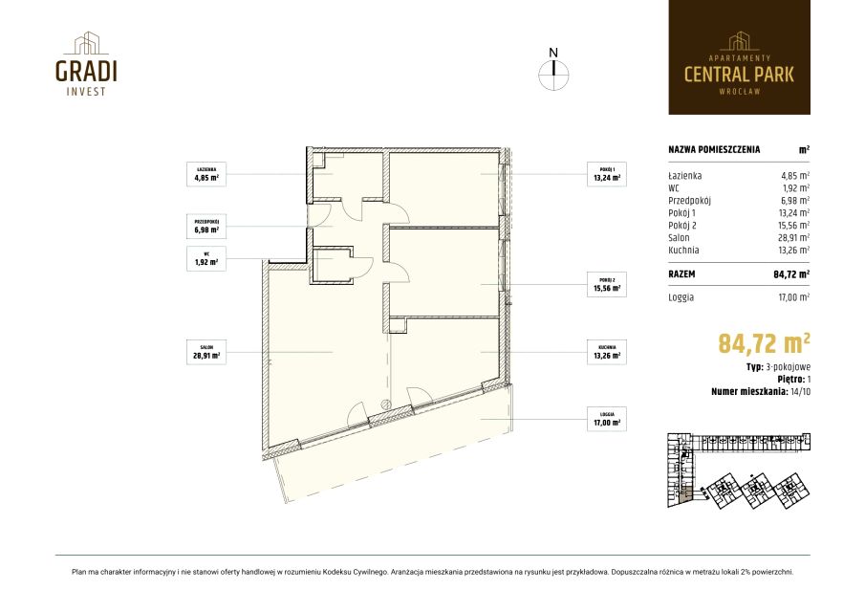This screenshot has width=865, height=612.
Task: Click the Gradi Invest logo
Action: pyautogui.click(x=86, y=63)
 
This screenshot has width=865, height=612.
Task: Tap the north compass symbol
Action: pyautogui.click(x=553, y=70)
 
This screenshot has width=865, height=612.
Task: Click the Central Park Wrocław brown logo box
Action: pyautogui.click(x=739, y=57)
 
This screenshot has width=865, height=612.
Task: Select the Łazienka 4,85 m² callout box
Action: pyautogui.click(x=206, y=174)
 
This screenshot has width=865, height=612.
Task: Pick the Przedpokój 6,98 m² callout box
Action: pyautogui.click(x=206, y=226)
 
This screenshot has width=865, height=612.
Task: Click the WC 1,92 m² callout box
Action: pyautogui.click(x=206, y=258)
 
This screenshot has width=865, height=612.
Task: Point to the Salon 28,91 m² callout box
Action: pyautogui.click(x=206, y=352)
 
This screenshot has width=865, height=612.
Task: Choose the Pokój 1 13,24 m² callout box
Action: pyautogui.click(x=607, y=174)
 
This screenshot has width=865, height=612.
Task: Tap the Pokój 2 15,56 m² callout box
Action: pyautogui.click(x=607, y=284)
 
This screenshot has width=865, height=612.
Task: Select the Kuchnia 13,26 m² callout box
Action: pyautogui.click(x=607, y=352)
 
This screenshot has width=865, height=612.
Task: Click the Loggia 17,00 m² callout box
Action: pyautogui.click(x=607, y=419)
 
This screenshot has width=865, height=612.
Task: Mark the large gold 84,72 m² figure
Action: pyautogui.click(x=764, y=342)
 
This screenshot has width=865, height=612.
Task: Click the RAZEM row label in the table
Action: pyautogui.click(x=681, y=273)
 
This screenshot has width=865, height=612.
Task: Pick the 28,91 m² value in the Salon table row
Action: pyautogui.click(x=794, y=238)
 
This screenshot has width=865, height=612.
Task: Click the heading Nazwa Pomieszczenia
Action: pyautogui.click(x=714, y=149)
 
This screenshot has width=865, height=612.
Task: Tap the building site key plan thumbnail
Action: pyautogui.click(x=739, y=470)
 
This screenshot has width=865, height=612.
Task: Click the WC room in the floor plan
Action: pyautogui.click(x=332, y=266)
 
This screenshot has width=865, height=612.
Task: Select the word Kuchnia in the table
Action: pyautogui.click(x=683, y=250)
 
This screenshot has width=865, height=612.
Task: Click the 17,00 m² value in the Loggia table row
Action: pyautogui.click(x=794, y=296)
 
